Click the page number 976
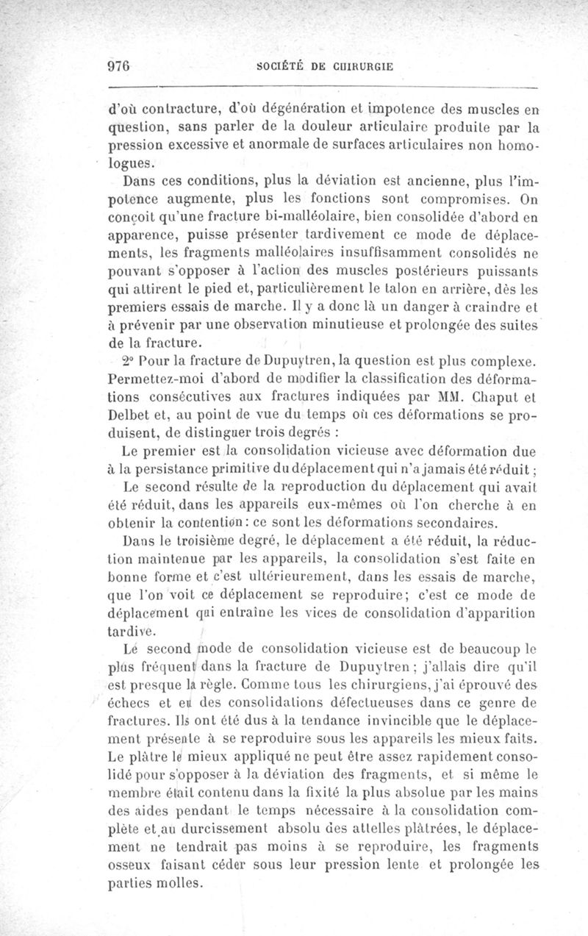(118, 65)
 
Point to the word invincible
(379, 723)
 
